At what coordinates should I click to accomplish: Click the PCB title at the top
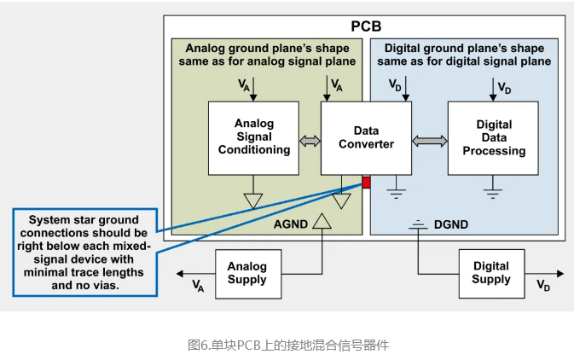click(x=366, y=26)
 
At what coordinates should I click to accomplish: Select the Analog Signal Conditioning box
click(x=253, y=137)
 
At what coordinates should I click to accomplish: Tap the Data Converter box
click(x=366, y=137)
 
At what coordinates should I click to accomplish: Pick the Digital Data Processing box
click(x=493, y=137)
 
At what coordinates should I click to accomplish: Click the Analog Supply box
click(x=246, y=274)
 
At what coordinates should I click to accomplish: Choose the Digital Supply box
click(x=490, y=274)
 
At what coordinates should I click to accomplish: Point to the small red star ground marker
click(x=366, y=182)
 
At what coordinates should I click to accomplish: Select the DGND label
click(x=451, y=226)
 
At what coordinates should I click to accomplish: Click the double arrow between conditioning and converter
click(x=310, y=138)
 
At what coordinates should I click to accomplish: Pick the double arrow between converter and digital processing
click(x=429, y=138)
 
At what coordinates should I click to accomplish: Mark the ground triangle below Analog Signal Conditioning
click(x=253, y=200)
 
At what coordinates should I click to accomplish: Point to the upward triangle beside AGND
click(x=322, y=224)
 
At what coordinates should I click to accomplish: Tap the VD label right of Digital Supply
click(x=542, y=286)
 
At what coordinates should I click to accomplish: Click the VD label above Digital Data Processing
click(x=505, y=89)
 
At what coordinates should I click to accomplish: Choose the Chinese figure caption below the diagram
click(x=287, y=345)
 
